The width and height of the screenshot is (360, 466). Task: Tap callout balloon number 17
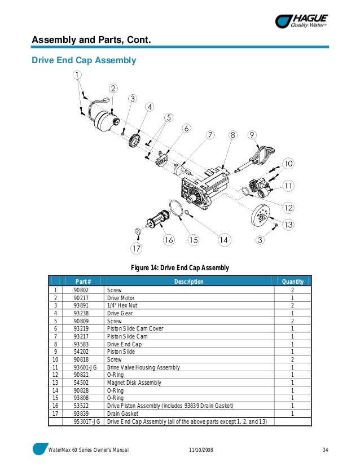tap(137, 248)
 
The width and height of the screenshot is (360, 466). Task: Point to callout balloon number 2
tap(113, 88)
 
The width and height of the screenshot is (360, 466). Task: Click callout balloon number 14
tap(224, 240)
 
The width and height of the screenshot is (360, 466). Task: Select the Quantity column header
tap(293, 282)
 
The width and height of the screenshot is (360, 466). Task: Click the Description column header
tap(188, 282)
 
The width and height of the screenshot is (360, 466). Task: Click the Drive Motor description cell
tap(121, 297)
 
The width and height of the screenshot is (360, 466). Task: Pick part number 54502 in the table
tap(82, 383)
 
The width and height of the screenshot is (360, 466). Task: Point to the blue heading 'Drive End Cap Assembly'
tap(84, 59)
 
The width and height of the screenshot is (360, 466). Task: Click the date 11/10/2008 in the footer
tap(201, 450)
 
